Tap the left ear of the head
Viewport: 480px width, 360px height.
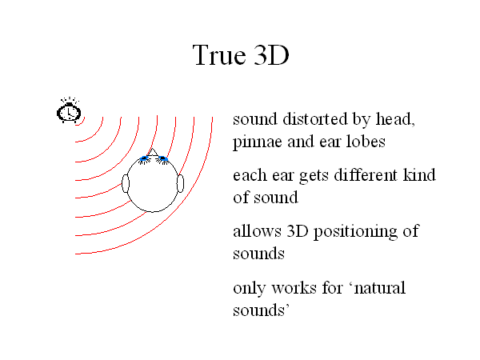[126, 183]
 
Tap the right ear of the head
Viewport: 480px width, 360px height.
[180, 183]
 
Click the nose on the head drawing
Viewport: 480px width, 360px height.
[153, 152]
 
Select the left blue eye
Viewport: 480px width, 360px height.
[144, 159]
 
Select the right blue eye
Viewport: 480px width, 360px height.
[162, 158]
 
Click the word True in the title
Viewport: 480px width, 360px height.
[219, 55]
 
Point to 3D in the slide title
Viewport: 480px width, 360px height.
[271, 55]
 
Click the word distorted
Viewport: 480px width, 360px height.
[315, 118]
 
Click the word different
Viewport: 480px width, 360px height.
[366, 174]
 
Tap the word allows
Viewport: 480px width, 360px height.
[257, 231]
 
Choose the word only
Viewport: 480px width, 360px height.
[250, 288]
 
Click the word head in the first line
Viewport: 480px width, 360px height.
[395, 119]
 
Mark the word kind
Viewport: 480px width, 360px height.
[419, 174]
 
